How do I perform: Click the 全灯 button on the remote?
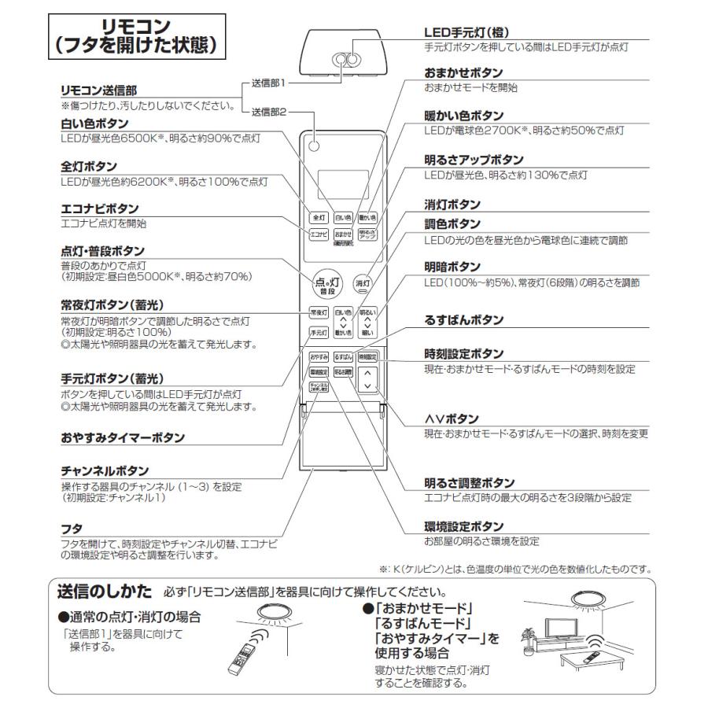(x=319, y=216)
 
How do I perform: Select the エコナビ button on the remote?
(x=319, y=234)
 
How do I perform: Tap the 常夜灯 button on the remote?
(x=319, y=312)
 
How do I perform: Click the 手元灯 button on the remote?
(x=319, y=332)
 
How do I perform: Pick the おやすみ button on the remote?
(x=319, y=357)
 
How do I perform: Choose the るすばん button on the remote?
(x=343, y=357)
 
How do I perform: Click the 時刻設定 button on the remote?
(x=367, y=357)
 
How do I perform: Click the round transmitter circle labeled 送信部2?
(x=315, y=146)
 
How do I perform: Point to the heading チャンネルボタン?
(x=105, y=470)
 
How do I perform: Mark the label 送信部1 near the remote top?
(x=268, y=82)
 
